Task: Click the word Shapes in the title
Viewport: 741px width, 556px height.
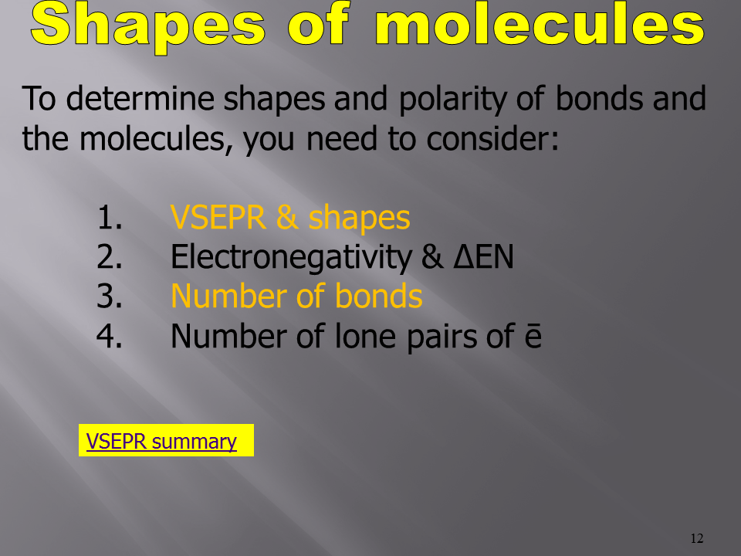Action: pyautogui.click(x=148, y=26)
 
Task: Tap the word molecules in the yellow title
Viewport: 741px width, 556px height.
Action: pyautogui.click(x=540, y=24)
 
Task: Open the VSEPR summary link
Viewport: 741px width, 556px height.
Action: pyautogui.click(x=161, y=441)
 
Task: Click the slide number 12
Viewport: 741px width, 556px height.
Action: pyautogui.click(x=696, y=538)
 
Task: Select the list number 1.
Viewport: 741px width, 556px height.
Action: pyautogui.click(x=110, y=218)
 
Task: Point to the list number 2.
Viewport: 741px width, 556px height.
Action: pyautogui.click(x=110, y=257)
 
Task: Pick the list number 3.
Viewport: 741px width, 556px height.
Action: pyautogui.click(x=110, y=297)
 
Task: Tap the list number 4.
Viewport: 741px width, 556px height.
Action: pyautogui.click(x=110, y=336)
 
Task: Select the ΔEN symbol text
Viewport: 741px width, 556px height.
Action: pyautogui.click(x=483, y=256)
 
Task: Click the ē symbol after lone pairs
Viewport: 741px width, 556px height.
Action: pyautogui.click(x=533, y=336)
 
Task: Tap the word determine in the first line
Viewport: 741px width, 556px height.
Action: pyautogui.click(x=140, y=98)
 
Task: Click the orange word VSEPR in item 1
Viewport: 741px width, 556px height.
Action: pyautogui.click(x=218, y=218)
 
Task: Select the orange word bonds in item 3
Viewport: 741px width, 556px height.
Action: pyautogui.click(x=378, y=297)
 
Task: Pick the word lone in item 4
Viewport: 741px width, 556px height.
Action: pyautogui.click(x=365, y=336)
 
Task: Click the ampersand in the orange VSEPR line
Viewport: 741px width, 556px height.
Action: pyautogui.click(x=287, y=218)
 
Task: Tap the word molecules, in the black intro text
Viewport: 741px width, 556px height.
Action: pyautogui.click(x=156, y=140)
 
